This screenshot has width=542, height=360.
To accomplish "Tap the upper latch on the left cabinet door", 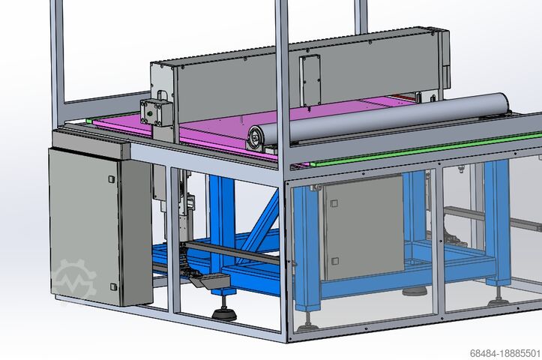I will tap(111, 178).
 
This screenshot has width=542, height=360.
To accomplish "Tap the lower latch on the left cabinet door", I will tap(113, 286).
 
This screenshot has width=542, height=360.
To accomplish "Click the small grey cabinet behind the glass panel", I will tap(362, 226).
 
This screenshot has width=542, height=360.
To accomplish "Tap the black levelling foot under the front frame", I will tap(223, 312).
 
